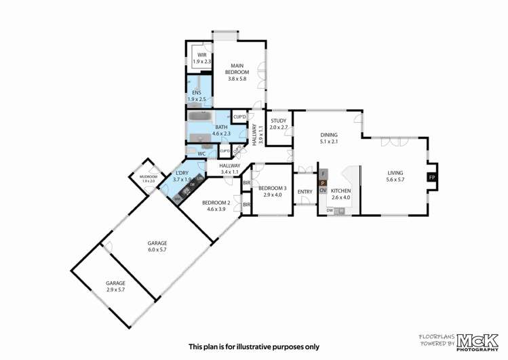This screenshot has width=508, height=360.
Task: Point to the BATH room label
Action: pos(222,131)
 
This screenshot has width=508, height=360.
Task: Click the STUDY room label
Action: pos(279,124)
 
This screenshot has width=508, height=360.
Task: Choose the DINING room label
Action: pos(329,138)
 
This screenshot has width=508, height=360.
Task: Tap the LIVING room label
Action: pos(395,176)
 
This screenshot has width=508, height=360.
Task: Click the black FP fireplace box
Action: pos(432,178)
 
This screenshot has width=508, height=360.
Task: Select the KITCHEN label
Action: pos(340,195)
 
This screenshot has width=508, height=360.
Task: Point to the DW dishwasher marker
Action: pos(329,211)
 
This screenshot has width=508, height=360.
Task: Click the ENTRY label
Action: pos(305,192)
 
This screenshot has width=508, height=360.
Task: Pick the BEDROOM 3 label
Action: pos(272,191)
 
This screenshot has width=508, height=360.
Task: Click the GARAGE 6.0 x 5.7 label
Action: pos(157,246)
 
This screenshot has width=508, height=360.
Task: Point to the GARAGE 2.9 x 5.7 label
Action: pos(115,286)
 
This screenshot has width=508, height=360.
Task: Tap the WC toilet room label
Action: pos(201,154)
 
